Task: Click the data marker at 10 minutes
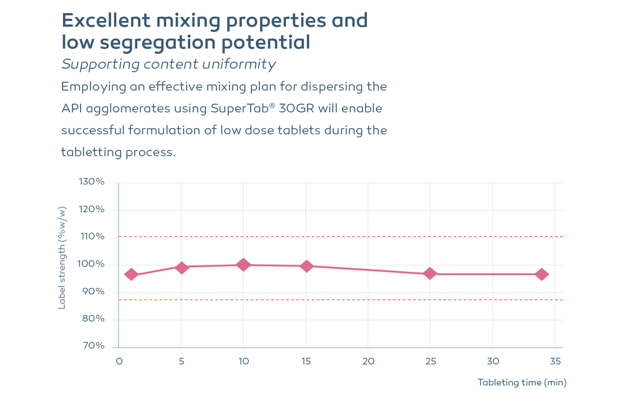pyautogui.click(x=243, y=265)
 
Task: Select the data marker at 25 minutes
pyautogui.click(x=430, y=274)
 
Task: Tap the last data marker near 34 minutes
pyautogui.click(x=542, y=274)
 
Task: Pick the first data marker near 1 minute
pyautogui.click(x=131, y=274)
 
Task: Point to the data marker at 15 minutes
pyautogui.click(x=306, y=266)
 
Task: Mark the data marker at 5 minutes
pyautogui.click(x=181, y=267)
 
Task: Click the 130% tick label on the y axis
pyautogui.click(x=91, y=182)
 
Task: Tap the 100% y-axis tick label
pyautogui.click(x=91, y=264)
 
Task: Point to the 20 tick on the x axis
pyautogui.click(x=368, y=361)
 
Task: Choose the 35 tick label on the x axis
pyautogui.click(x=555, y=361)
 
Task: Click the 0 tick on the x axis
pyautogui.click(x=119, y=361)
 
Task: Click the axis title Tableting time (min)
pyautogui.click(x=522, y=382)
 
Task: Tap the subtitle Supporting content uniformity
pyautogui.click(x=168, y=64)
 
